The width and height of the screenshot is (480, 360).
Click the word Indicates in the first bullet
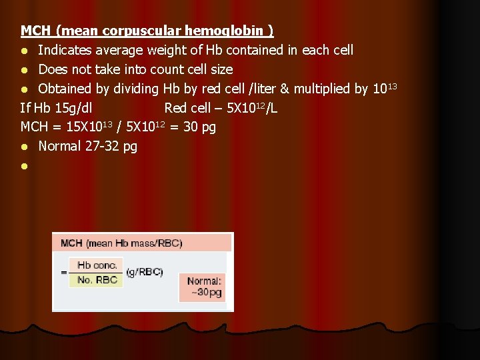click(65, 50)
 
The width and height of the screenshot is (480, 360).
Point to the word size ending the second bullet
click(221, 69)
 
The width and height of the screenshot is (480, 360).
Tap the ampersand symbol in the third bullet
click(287, 89)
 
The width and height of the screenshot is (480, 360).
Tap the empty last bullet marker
click(24, 166)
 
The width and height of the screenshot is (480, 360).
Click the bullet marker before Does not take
click(24, 70)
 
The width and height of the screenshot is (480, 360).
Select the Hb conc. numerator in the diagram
click(97, 265)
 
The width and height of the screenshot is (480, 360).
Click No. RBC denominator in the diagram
click(97, 279)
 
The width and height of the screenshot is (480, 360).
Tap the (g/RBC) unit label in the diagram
click(145, 272)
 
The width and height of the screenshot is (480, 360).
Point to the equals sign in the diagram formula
click(64, 272)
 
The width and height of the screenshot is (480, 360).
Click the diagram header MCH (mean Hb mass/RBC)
click(121, 243)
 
